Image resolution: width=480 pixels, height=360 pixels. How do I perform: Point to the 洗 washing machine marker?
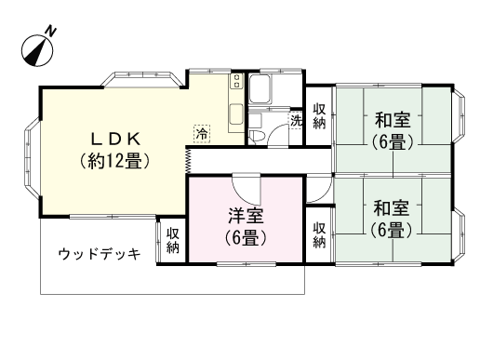pos(296,121)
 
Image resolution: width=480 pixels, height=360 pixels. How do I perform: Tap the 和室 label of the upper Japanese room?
pos(393,121)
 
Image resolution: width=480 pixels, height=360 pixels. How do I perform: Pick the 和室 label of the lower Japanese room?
pos(393,207)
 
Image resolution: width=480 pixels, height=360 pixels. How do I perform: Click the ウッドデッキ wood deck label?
pos(100,254)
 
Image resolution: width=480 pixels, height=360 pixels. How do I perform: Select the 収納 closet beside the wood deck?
pos(173,241)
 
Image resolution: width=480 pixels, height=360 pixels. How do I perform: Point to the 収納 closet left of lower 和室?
pos(319,234)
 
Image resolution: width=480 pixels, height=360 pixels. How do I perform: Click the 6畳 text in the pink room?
pos(247,238)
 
